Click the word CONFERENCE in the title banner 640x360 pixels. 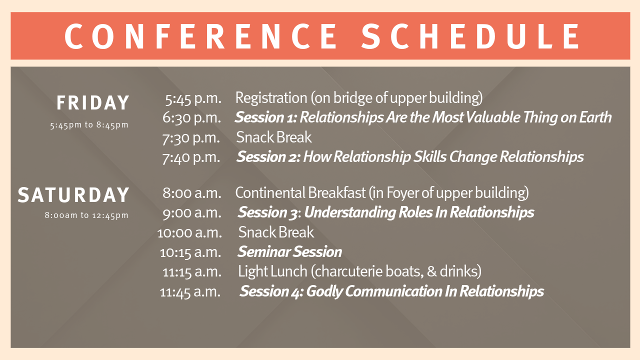point(201,36)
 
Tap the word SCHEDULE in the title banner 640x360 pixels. point(470,36)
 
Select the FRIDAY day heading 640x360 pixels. point(93,102)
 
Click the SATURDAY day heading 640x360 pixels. point(73,195)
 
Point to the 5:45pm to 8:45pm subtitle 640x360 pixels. point(89,125)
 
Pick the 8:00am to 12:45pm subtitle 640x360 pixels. point(86,215)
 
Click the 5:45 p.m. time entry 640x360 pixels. point(193,98)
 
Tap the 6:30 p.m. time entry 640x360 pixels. point(191,117)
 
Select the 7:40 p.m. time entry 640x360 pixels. point(191,157)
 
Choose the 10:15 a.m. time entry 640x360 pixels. point(190,252)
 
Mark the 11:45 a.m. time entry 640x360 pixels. point(190,292)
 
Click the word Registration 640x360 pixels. point(271,98)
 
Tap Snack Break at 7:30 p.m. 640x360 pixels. point(273,137)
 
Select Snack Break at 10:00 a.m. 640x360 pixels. point(276,232)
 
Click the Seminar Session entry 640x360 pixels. point(289,251)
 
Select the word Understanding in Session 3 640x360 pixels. point(349,213)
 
